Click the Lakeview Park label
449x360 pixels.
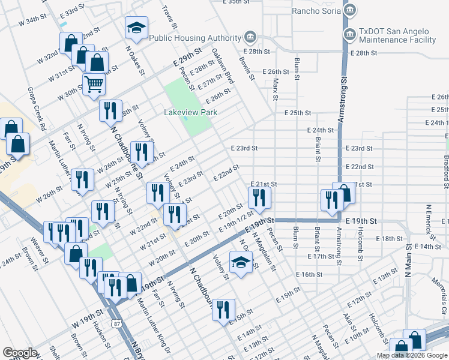pyautogui.click(x=190, y=112)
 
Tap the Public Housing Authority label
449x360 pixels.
pyautogui.click(x=196, y=37)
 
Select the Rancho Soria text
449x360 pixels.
pyautogui.click(x=316, y=10)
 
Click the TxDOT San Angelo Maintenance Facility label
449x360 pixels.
pyautogui.click(x=397, y=35)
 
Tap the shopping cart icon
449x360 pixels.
pyautogui.click(x=94, y=85)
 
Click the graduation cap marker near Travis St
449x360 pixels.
pyautogui.click(x=136, y=28)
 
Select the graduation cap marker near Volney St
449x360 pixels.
pyautogui.click(x=241, y=263)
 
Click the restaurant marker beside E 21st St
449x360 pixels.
pyautogui.click(x=259, y=197)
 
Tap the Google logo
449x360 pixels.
pyautogui.click(x=19, y=353)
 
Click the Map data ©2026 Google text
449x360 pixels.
pyautogui.click(x=411, y=355)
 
